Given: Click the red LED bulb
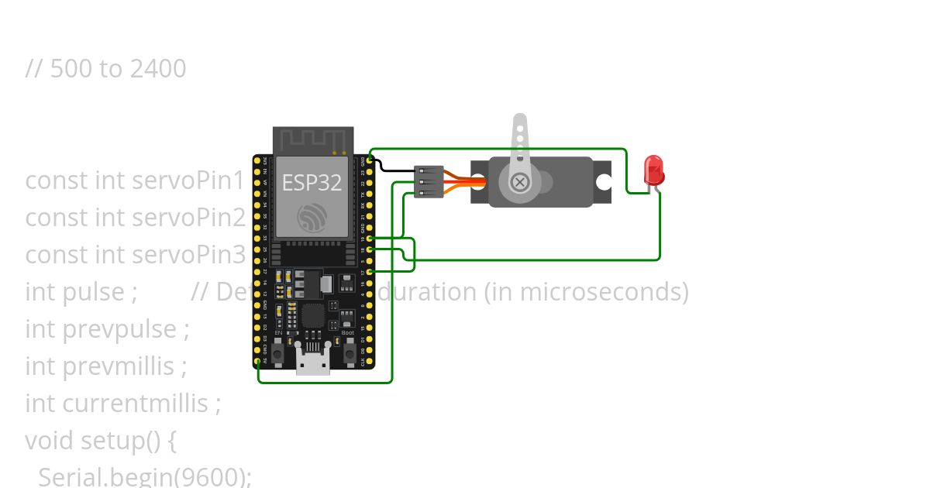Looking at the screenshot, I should click(x=653, y=170).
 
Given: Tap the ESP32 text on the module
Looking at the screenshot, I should click(x=312, y=183).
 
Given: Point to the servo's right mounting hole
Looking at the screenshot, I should click(x=602, y=182).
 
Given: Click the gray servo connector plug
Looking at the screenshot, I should click(x=429, y=181).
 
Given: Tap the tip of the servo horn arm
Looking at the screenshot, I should click(x=520, y=121).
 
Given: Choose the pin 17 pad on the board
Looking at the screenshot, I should click(x=370, y=271).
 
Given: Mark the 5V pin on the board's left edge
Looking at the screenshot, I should click(x=257, y=361).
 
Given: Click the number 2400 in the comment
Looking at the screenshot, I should click(x=158, y=69).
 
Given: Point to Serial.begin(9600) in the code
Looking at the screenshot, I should click(x=144, y=476).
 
